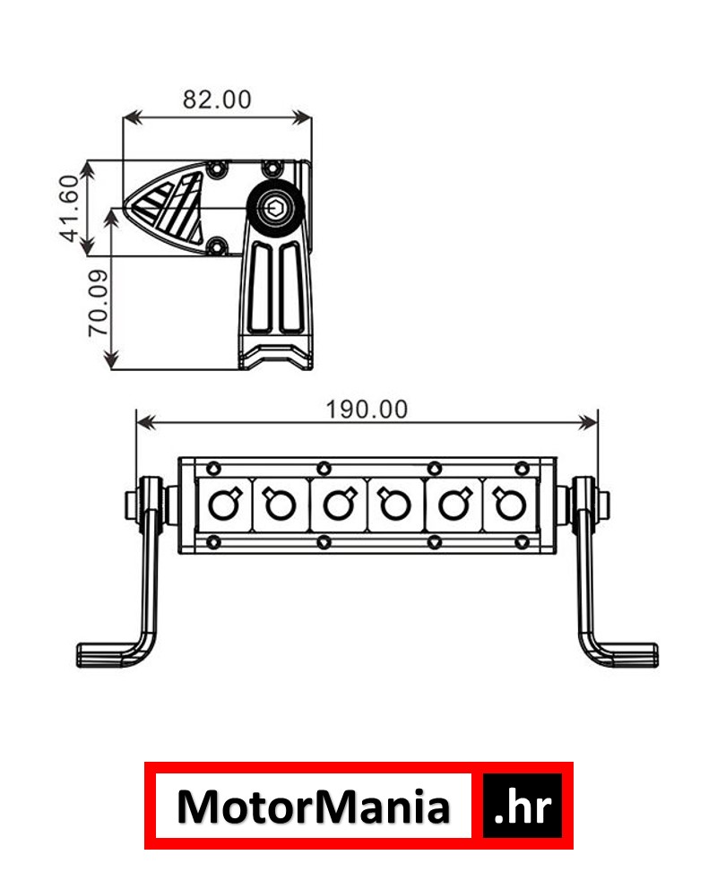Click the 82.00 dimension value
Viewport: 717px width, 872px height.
click(217, 99)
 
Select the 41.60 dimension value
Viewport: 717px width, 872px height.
click(70, 209)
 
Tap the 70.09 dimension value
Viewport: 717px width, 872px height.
click(99, 303)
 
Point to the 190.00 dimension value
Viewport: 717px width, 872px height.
click(367, 410)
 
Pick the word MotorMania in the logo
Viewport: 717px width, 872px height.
click(313, 807)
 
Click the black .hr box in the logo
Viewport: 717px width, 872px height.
click(523, 806)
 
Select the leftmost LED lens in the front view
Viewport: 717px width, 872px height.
click(224, 504)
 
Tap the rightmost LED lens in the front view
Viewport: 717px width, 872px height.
click(509, 504)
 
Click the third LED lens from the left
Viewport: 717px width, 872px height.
click(340, 504)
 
